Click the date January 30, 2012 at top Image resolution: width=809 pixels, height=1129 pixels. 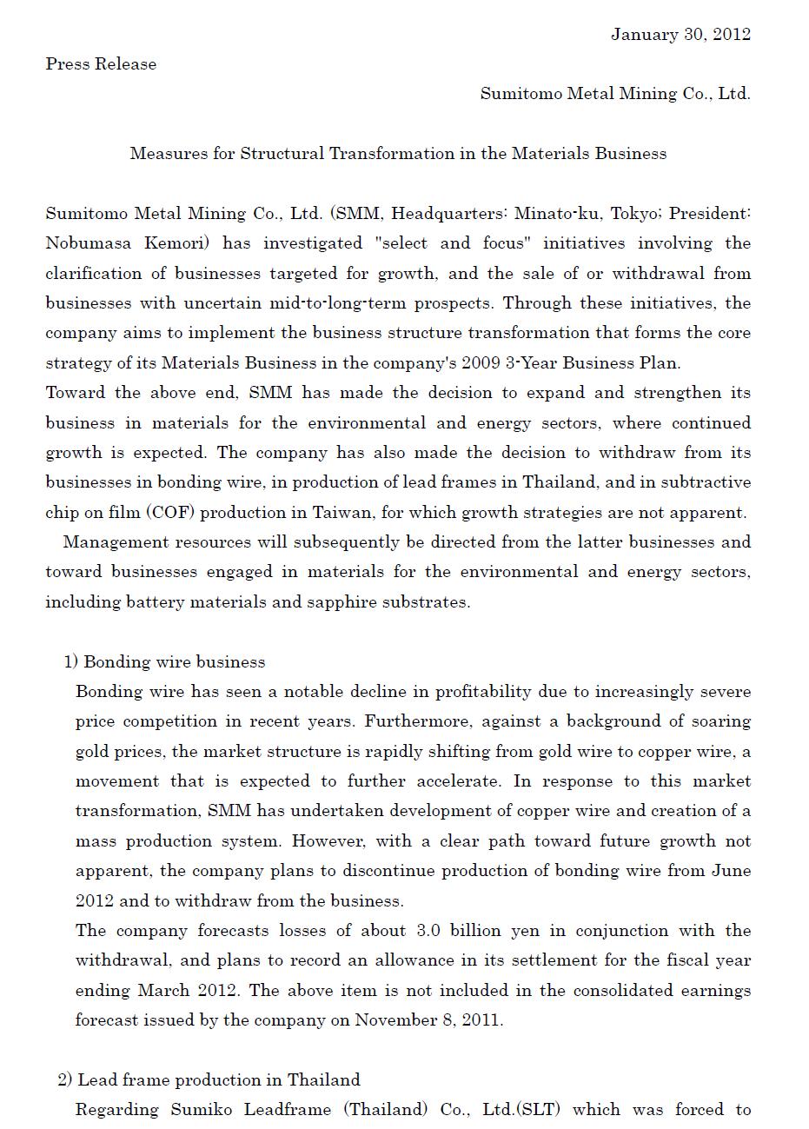tap(680, 35)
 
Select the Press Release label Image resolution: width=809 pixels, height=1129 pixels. tap(101, 64)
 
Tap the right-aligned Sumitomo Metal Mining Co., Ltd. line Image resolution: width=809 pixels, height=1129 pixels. tap(615, 94)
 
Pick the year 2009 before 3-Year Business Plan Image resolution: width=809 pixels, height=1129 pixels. tap(481, 363)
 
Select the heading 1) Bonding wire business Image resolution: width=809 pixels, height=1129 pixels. tap(164, 662)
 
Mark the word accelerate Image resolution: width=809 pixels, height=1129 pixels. tap(458, 781)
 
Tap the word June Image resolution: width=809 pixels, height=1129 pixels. tap(730, 871)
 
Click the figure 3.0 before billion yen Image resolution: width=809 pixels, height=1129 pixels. tap(428, 931)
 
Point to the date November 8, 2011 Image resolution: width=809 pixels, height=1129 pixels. tap(428, 1020)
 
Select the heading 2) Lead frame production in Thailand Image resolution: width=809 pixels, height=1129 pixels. tap(209, 1080)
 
